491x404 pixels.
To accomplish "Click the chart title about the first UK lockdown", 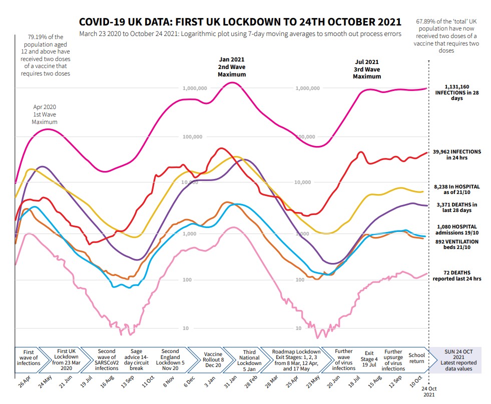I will tap(240, 22).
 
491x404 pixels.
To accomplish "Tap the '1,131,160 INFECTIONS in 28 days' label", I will tap(456, 92).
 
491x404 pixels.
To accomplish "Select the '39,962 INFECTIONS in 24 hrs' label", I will tap(457, 154).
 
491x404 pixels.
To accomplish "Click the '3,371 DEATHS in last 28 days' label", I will tap(457, 207).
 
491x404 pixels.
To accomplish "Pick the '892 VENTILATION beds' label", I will tap(457, 244).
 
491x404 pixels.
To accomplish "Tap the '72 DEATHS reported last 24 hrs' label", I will tap(457, 275).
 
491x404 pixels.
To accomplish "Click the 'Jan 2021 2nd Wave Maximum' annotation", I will tap(232, 66).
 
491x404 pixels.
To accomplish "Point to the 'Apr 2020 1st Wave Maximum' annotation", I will tap(45, 114).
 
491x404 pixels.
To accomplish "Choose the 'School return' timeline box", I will tap(416, 359).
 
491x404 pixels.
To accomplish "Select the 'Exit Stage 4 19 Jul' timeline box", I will tap(369, 359).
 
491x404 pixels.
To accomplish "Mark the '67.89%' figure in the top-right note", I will tap(425, 22).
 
